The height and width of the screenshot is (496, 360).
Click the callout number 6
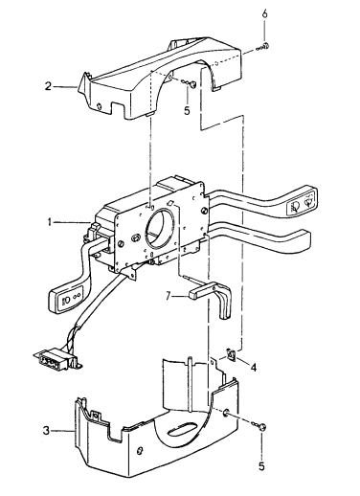pyautogui.click(x=264, y=14)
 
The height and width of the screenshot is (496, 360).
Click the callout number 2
pyautogui.click(x=48, y=86)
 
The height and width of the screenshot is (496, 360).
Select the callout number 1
pyautogui.click(x=50, y=222)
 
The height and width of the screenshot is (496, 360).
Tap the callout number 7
pyautogui.click(x=169, y=296)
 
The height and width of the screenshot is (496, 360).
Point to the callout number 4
pyautogui.click(x=254, y=368)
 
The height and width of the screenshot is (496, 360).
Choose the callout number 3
pyautogui.click(x=47, y=431)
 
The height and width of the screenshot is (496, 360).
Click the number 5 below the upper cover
pyautogui.click(x=187, y=111)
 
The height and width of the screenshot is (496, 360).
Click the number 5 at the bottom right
pyautogui.click(x=261, y=466)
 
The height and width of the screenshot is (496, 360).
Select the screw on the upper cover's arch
pyautogui.click(x=191, y=84)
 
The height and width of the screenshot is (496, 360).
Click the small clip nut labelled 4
pyautogui.click(x=232, y=353)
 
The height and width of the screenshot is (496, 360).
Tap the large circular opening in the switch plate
pyautogui.click(x=160, y=229)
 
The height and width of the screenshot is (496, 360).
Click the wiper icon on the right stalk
pyautogui.click(x=308, y=203)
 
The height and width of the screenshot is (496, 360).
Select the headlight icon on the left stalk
pyautogui.click(x=65, y=302)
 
